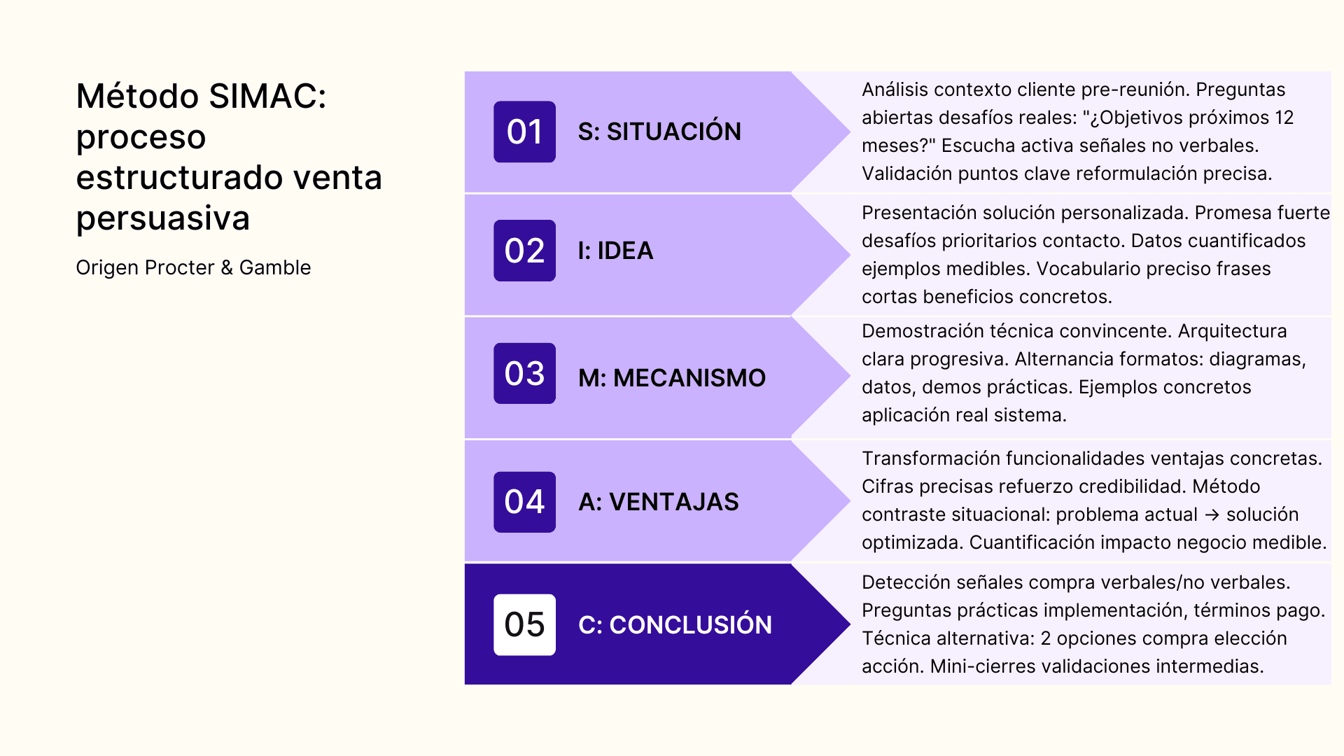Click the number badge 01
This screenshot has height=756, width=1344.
tap(524, 132)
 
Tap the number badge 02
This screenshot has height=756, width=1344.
tap(524, 251)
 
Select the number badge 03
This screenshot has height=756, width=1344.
tap(524, 373)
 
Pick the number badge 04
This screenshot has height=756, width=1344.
tap(524, 502)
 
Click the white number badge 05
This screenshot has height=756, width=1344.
tap(524, 624)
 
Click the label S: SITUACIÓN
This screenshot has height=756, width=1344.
tap(659, 132)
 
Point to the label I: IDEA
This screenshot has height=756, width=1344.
tap(615, 251)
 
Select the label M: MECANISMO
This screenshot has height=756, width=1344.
tap(671, 378)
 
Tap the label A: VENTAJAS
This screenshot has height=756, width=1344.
tap(658, 502)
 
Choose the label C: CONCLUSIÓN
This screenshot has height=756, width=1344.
tap(675, 624)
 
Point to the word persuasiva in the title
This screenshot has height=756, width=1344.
tap(162, 218)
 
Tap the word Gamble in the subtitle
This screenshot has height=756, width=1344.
tap(275, 267)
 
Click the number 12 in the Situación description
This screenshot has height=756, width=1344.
tap(1284, 118)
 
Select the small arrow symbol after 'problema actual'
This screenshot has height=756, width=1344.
tap(1212, 514)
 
